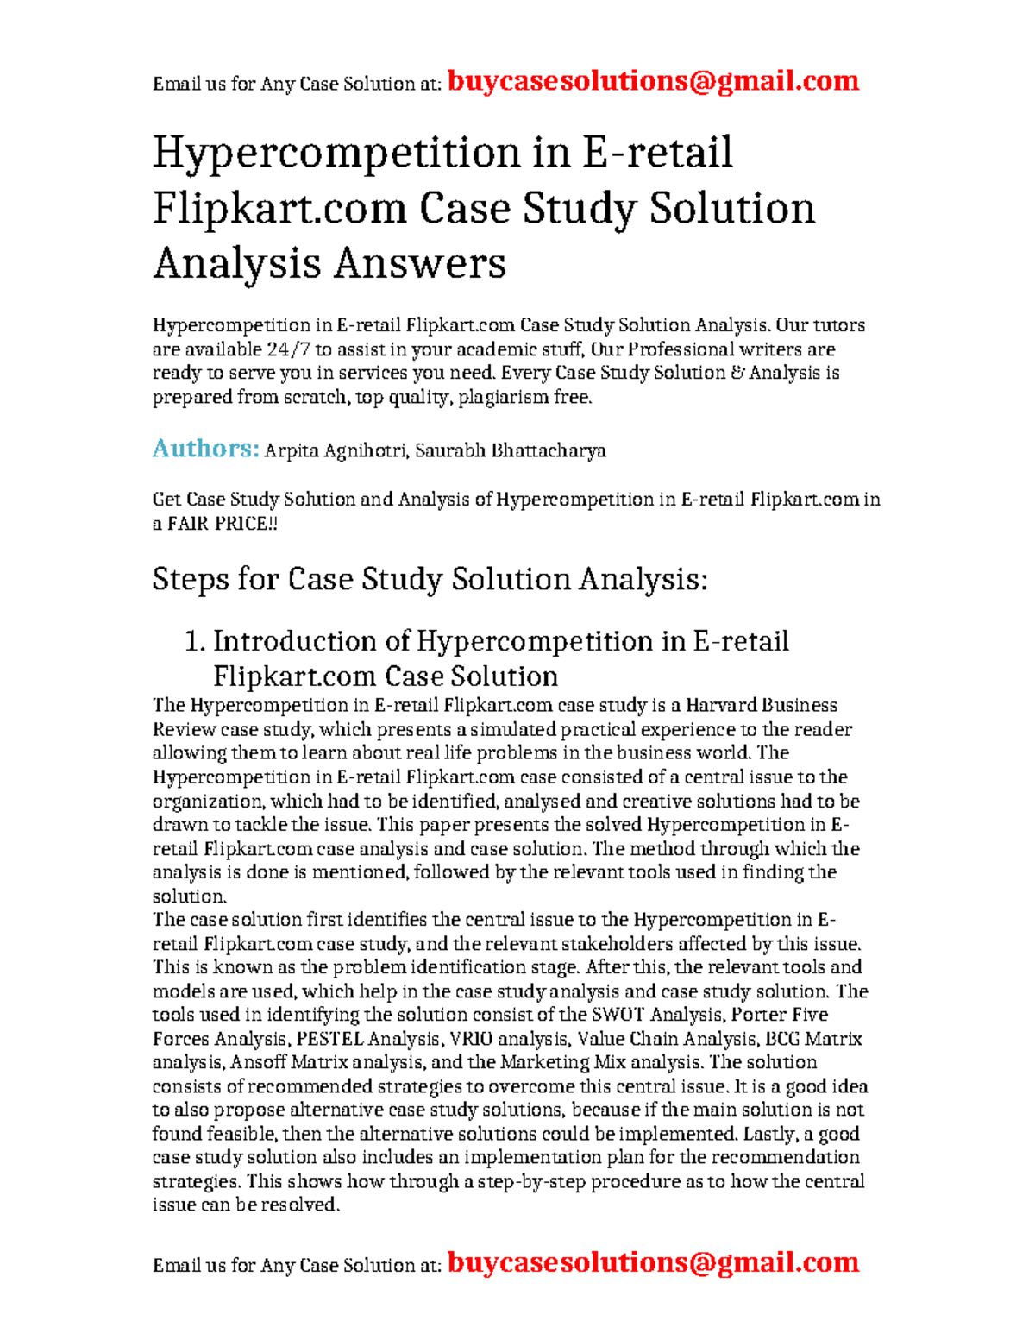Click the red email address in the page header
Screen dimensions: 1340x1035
point(654,81)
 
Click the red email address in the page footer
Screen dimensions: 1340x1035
point(654,1262)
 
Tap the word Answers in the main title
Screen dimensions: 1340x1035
point(420,263)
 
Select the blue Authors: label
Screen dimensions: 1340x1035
point(206,449)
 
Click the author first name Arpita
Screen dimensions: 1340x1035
point(292,450)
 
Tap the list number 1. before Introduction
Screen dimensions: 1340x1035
point(195,641)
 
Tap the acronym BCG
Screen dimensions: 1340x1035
point(783,1039)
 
